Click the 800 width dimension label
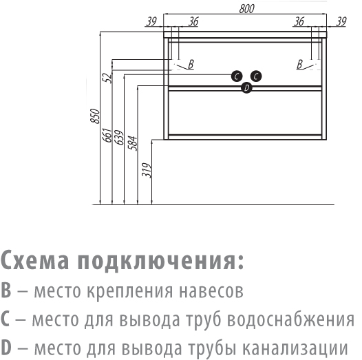coord(246,9)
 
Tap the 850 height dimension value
coord(95,116)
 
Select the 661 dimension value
coord(107,135)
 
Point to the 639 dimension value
coord(119,138)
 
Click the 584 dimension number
coord(133,143)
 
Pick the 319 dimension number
coord(147,170)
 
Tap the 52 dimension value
coord(107,78)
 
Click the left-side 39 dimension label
coord(151,22)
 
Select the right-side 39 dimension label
coord(341,22)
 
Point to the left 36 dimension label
coord(193,22)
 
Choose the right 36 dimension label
coord(299,22)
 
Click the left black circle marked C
coord(237,76)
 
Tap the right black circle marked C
coord(256,76)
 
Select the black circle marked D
coord(246,87)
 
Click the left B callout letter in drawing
coord(191,64)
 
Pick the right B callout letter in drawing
coord(299,64)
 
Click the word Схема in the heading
coord(35,260)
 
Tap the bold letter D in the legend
coord(6,348)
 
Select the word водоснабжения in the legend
coord(290,319)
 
